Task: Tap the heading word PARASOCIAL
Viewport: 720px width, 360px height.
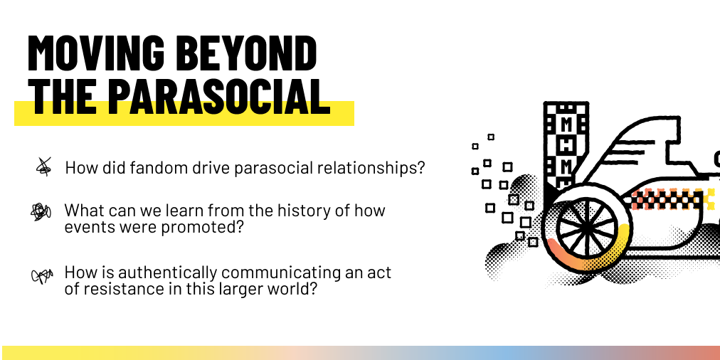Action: pos(219,97)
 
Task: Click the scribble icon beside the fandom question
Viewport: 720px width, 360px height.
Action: pos(44,166)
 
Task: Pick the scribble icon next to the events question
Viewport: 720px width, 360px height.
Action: pos(41,212)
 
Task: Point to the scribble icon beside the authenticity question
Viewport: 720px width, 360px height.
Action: pos(42,275)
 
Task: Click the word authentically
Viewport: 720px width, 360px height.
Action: pos(167,273)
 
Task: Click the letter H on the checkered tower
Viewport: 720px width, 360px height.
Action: pos(566,144)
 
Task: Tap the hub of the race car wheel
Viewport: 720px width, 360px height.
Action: pos(586,226)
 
